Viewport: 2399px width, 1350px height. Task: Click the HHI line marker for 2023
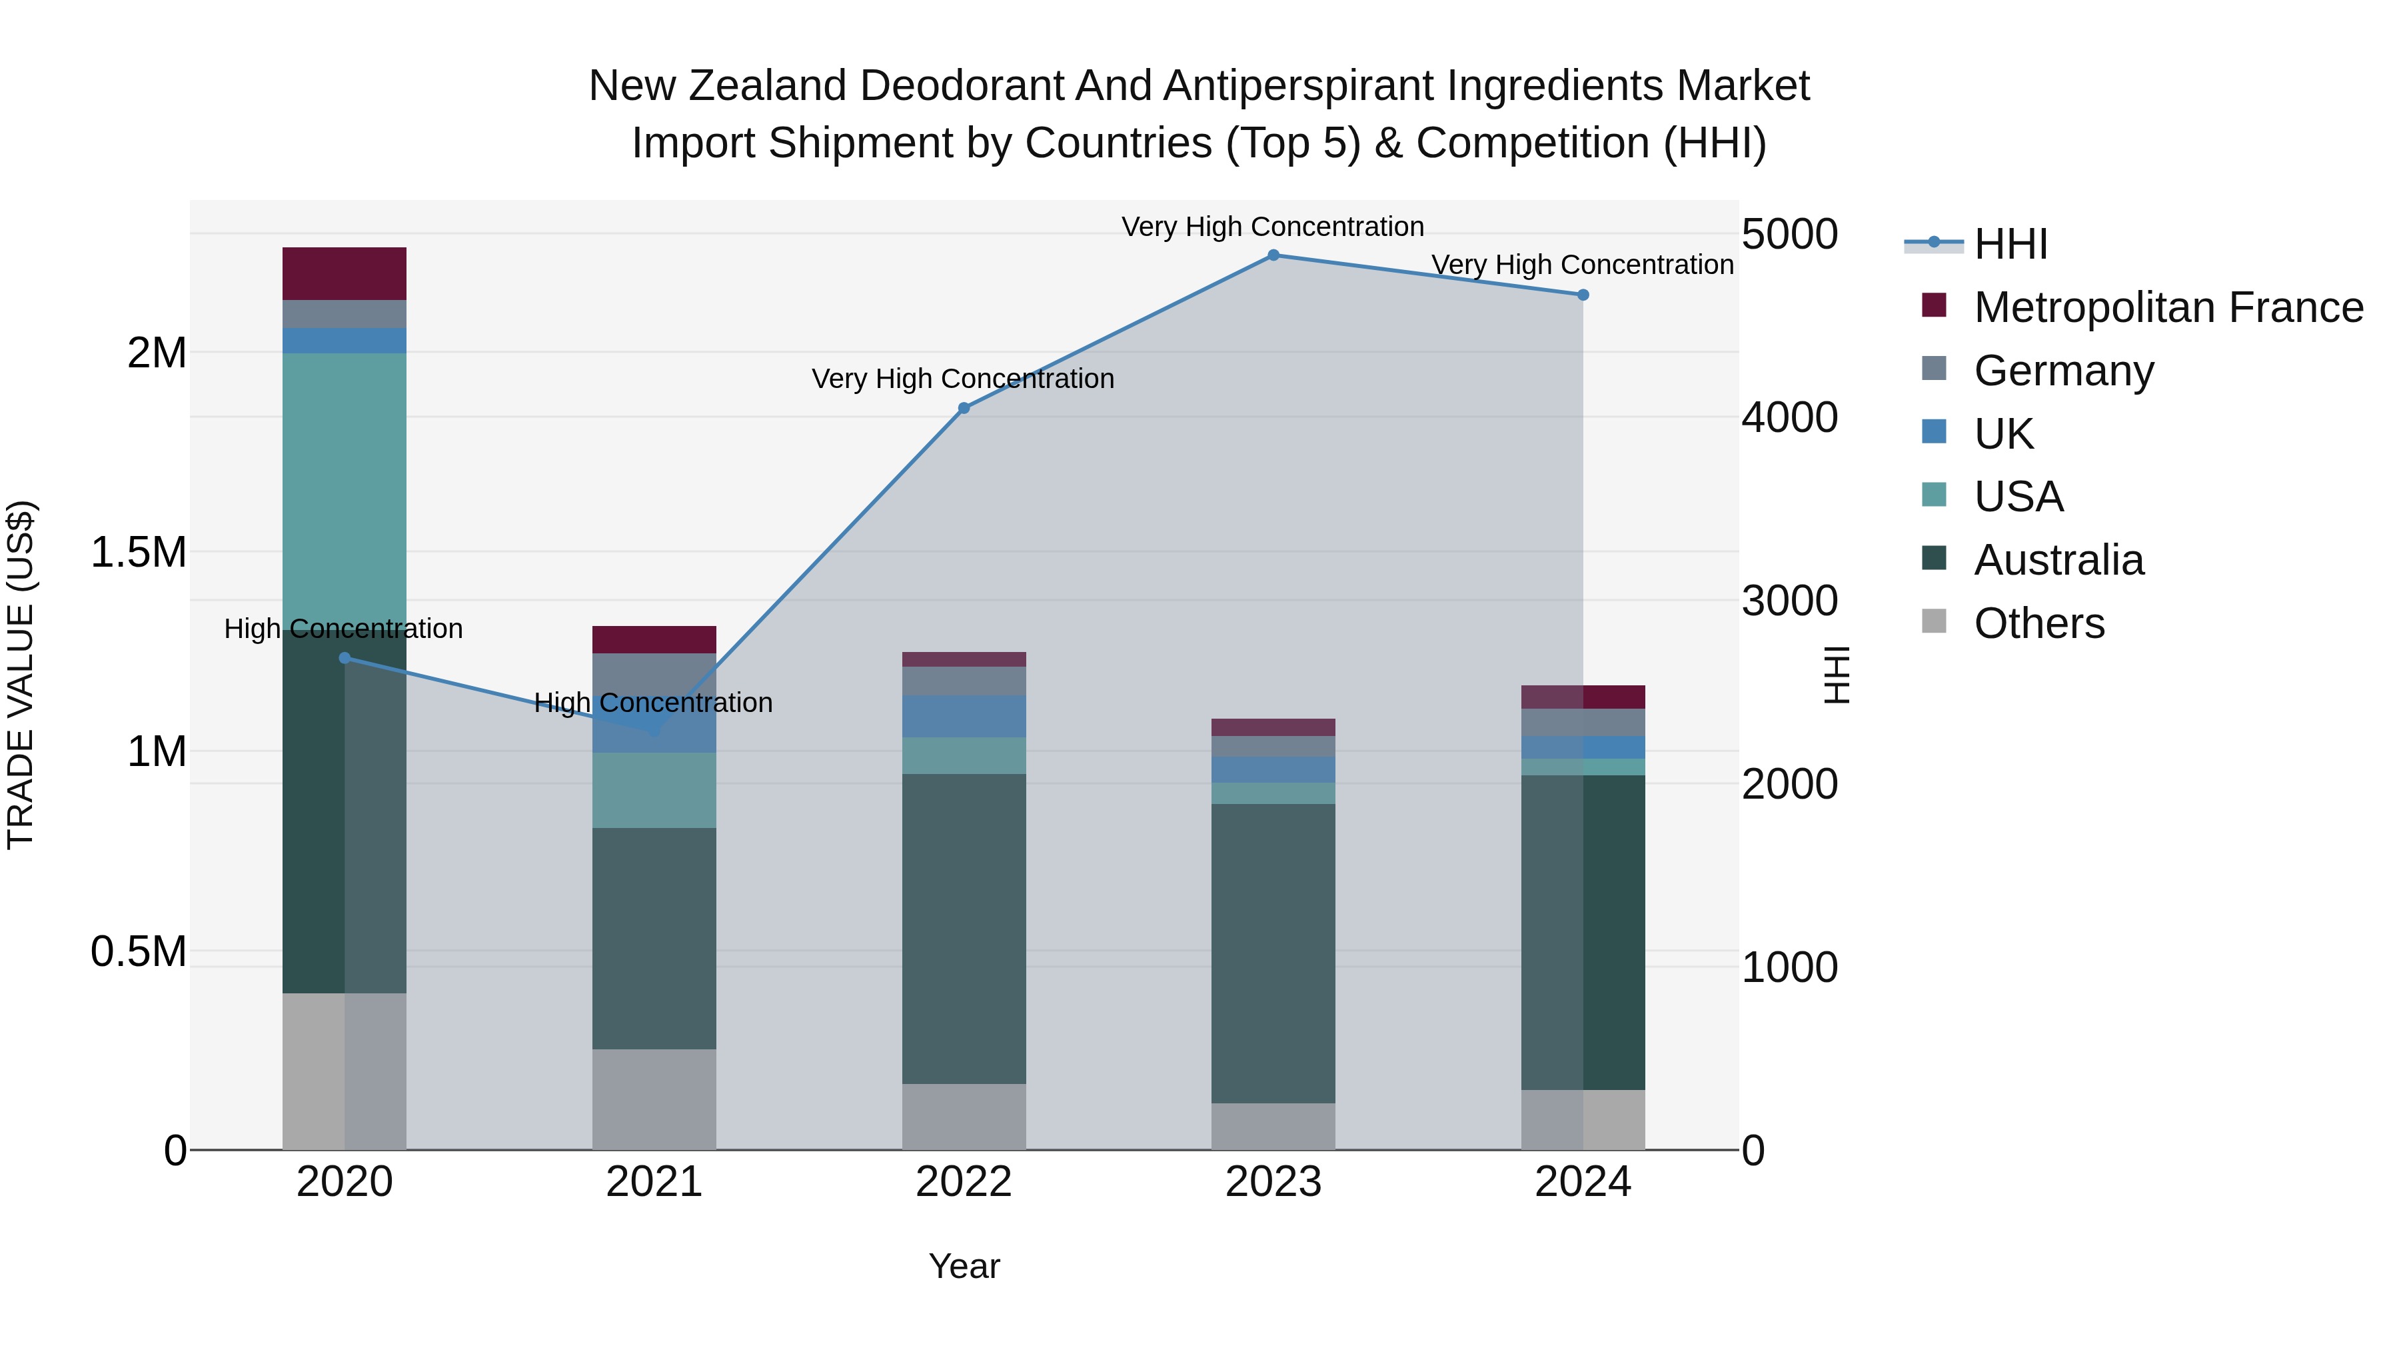(1273, 255)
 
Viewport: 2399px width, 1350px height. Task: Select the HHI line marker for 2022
(964, 408)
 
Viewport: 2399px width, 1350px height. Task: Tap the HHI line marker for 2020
(345, 658)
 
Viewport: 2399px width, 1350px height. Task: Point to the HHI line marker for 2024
(1583, 295)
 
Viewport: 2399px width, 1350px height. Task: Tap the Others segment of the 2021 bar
(654, 1099)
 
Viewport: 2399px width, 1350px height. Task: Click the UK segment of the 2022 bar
(964, 717)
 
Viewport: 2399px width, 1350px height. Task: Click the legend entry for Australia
(2058, 560)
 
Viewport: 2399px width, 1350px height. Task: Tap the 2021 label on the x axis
(654, 1182)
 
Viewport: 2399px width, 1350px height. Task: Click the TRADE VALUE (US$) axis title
(21, 675)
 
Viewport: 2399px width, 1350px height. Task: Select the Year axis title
(964, 1266)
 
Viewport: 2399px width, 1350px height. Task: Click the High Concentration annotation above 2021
(653, 703)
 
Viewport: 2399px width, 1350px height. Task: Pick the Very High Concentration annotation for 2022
(963, 379)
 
